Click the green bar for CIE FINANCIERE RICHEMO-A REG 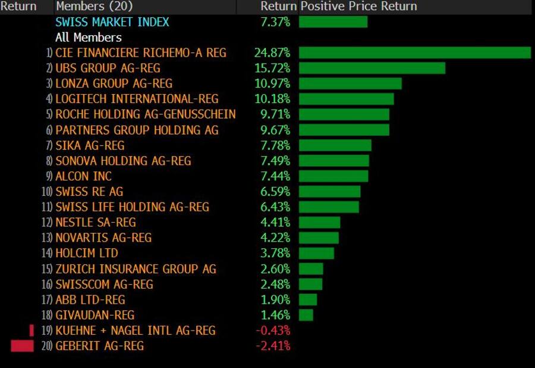[x=414, y=53]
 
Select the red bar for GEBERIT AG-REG [x=22, y=346]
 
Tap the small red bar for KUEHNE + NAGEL [x=32, y=330]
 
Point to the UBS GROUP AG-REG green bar [x=372, y=68]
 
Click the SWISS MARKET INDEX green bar [x=333, y=22]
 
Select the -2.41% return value [x=273, y=346]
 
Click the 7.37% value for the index [x=275, y=22]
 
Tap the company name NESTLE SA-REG [x=96, y=223]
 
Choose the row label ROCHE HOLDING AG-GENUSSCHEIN [x=146, y=114]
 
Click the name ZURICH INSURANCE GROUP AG [x=136, y=269]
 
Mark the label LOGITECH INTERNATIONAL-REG [x=137, y=99]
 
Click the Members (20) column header [x=94, y=7]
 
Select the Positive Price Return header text [x=358, y=7]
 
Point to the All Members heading [x=88, y=38]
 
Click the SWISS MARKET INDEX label [x=112, y=22]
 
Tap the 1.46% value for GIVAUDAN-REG [x=275, y=315]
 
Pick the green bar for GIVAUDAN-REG [x=306, y=315]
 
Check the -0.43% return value [x=273, y=330]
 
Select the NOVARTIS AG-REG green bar [x=319, y=238]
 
